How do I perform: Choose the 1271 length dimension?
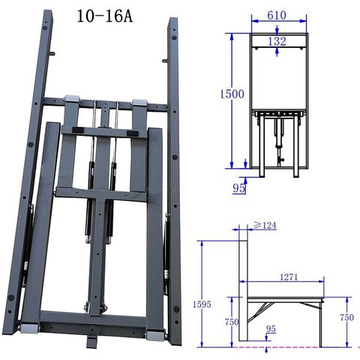[286, 277]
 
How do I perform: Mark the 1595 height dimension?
[196, 305]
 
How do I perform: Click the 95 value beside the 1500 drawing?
[239, 188]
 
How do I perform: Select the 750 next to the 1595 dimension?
[232, 322]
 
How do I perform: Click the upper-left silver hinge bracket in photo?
[72, 99]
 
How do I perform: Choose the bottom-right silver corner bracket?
[155, 331]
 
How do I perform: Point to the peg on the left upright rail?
[54, 54]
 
